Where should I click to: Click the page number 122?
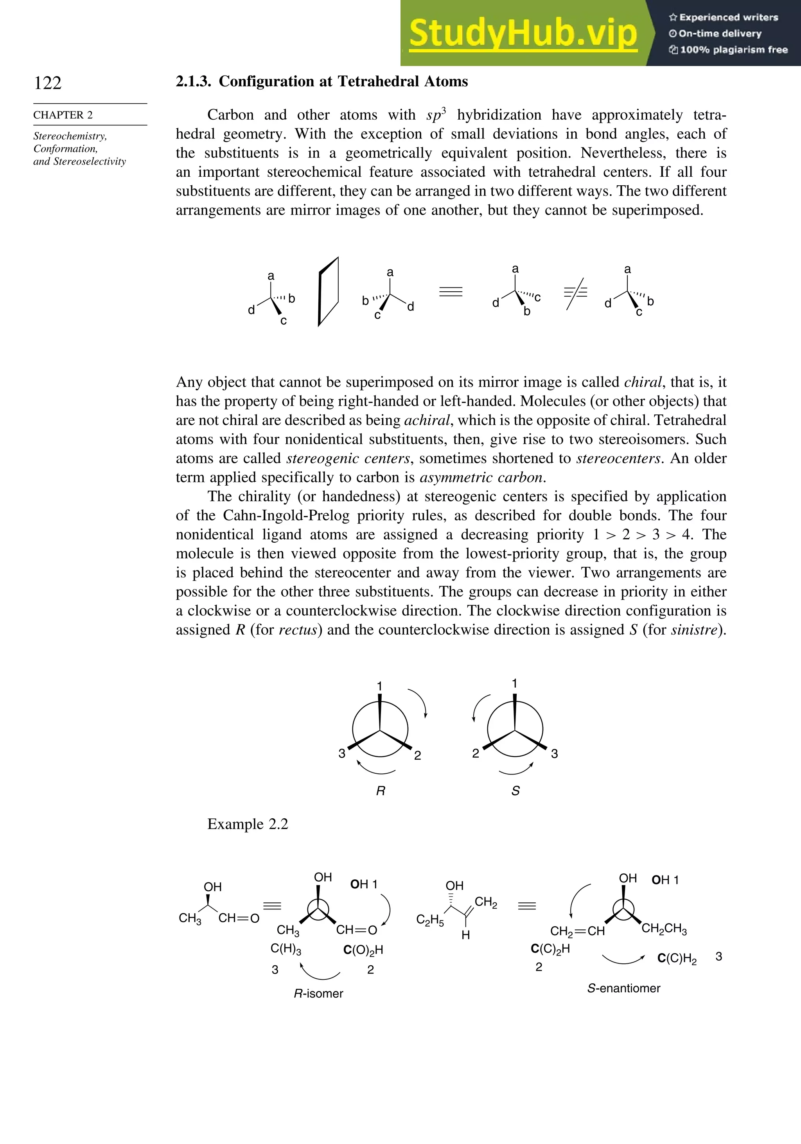tap(48, 83)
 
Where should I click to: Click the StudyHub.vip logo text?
tap(523, 33)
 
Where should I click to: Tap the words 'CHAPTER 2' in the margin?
tap(63, 115)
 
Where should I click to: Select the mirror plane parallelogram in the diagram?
tap(329, 292)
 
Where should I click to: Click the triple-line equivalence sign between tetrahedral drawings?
tap(451, 292)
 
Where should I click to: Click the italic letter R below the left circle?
tap(380, 791)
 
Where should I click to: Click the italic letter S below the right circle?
tap(515, 791)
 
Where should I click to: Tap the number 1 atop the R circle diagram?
tap(379, 686)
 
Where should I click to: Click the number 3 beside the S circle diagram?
tap(554, 753)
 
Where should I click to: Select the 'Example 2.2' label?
tap(248, 824)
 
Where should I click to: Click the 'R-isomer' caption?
tap(318, 993)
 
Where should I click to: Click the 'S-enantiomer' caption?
tap(623, 988)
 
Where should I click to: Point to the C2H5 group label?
tap(430, 920)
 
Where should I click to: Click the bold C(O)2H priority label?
tap(363, 950)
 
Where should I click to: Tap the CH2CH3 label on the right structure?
tap(664, 928)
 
